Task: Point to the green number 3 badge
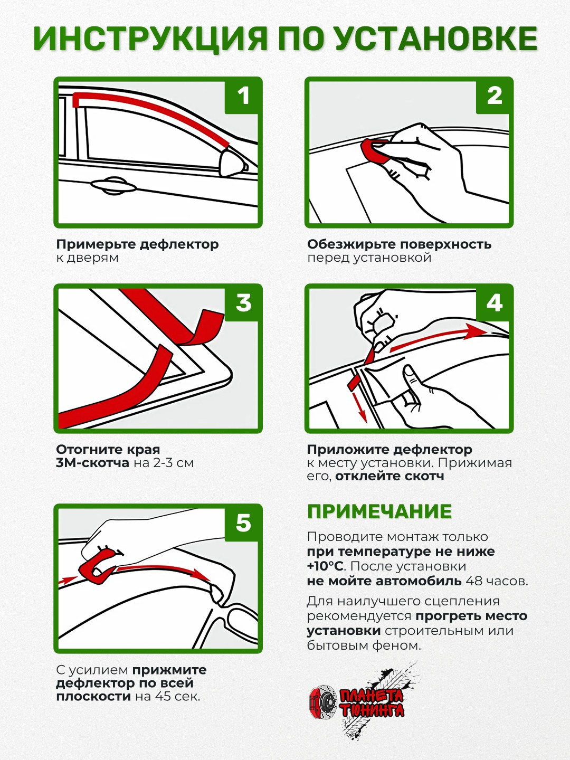click(243, 303)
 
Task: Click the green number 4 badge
click(494, 303)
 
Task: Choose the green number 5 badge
click(243, 523)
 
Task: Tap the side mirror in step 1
click(234, 163)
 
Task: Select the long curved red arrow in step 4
click(439, 337)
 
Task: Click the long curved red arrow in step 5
click(163, 570)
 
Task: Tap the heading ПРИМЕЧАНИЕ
click(379, 512)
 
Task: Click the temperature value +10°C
click(325, 567)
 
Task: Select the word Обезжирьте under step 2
click(351, 245)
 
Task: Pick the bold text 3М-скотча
click(93, 463)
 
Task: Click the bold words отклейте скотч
click(389, 477)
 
